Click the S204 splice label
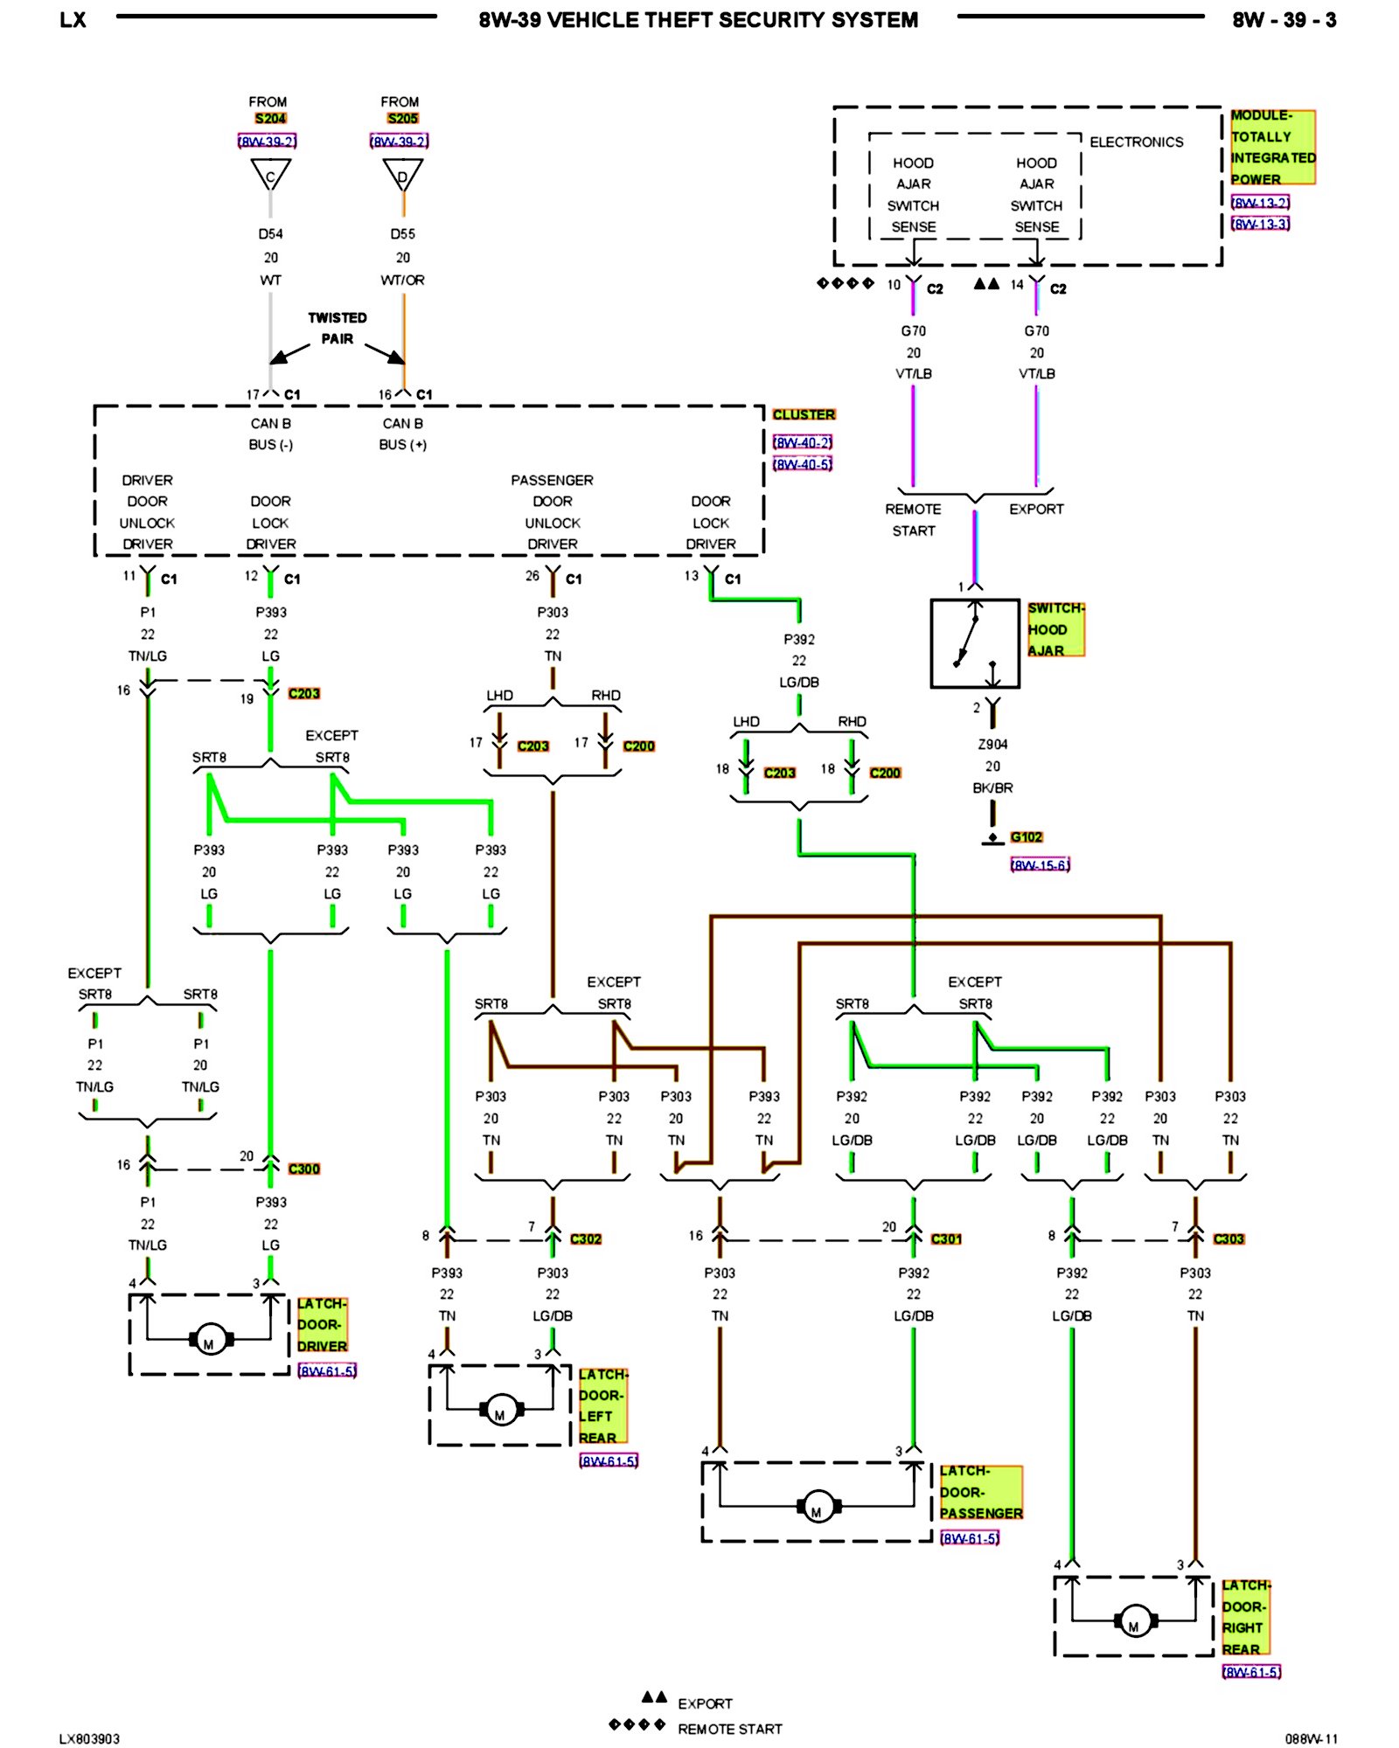[270, 119]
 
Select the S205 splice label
[402, 119]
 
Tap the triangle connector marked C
[270, 175]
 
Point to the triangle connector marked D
[402, 175]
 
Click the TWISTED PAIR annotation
[338, 329]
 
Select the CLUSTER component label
[804, 414]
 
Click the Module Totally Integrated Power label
[1272, 147]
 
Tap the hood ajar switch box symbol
[975, 643]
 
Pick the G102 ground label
[1027, 837]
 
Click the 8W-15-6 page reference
[1040, 865]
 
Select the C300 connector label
[304, 1169]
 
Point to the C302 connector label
[586, 1239]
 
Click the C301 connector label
[946, 1239]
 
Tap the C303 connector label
[1228, 1239]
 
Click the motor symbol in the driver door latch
[210, 1339]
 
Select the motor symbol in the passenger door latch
[817, 1506]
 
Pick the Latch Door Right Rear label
[1245, 1617]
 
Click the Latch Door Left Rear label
[602, 1405]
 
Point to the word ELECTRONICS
[1136, 142]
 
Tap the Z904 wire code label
[992, 745]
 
